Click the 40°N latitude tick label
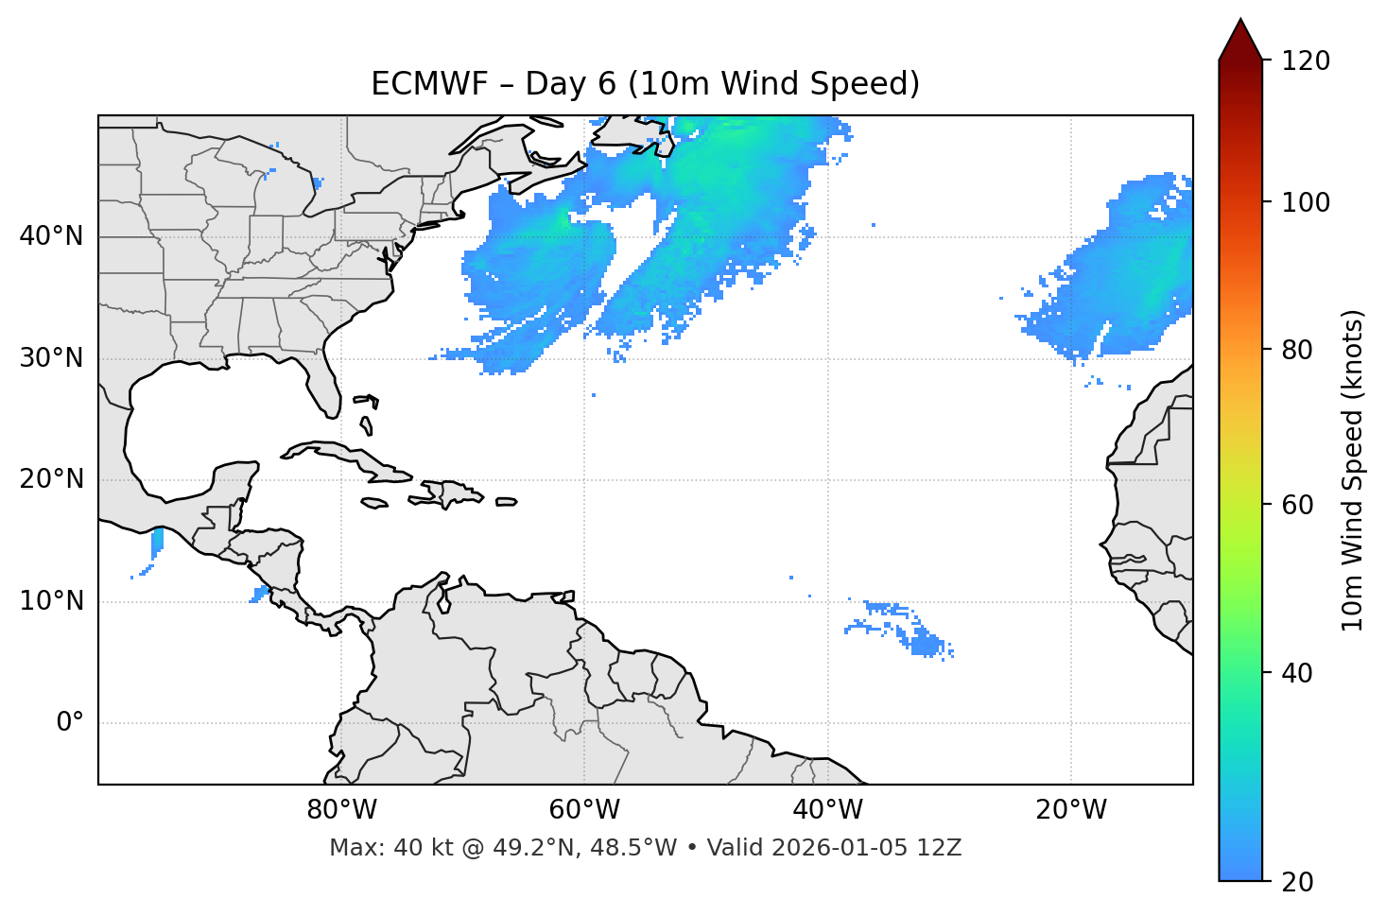51,236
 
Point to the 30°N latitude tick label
51,358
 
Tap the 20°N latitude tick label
51,479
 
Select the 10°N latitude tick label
51,601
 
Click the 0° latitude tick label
70,723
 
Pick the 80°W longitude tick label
341,810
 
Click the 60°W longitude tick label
584,810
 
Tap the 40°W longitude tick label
828,810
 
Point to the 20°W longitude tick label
1071,810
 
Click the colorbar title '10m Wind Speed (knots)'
1353,470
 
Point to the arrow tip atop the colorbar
1240,21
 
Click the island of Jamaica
374,503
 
